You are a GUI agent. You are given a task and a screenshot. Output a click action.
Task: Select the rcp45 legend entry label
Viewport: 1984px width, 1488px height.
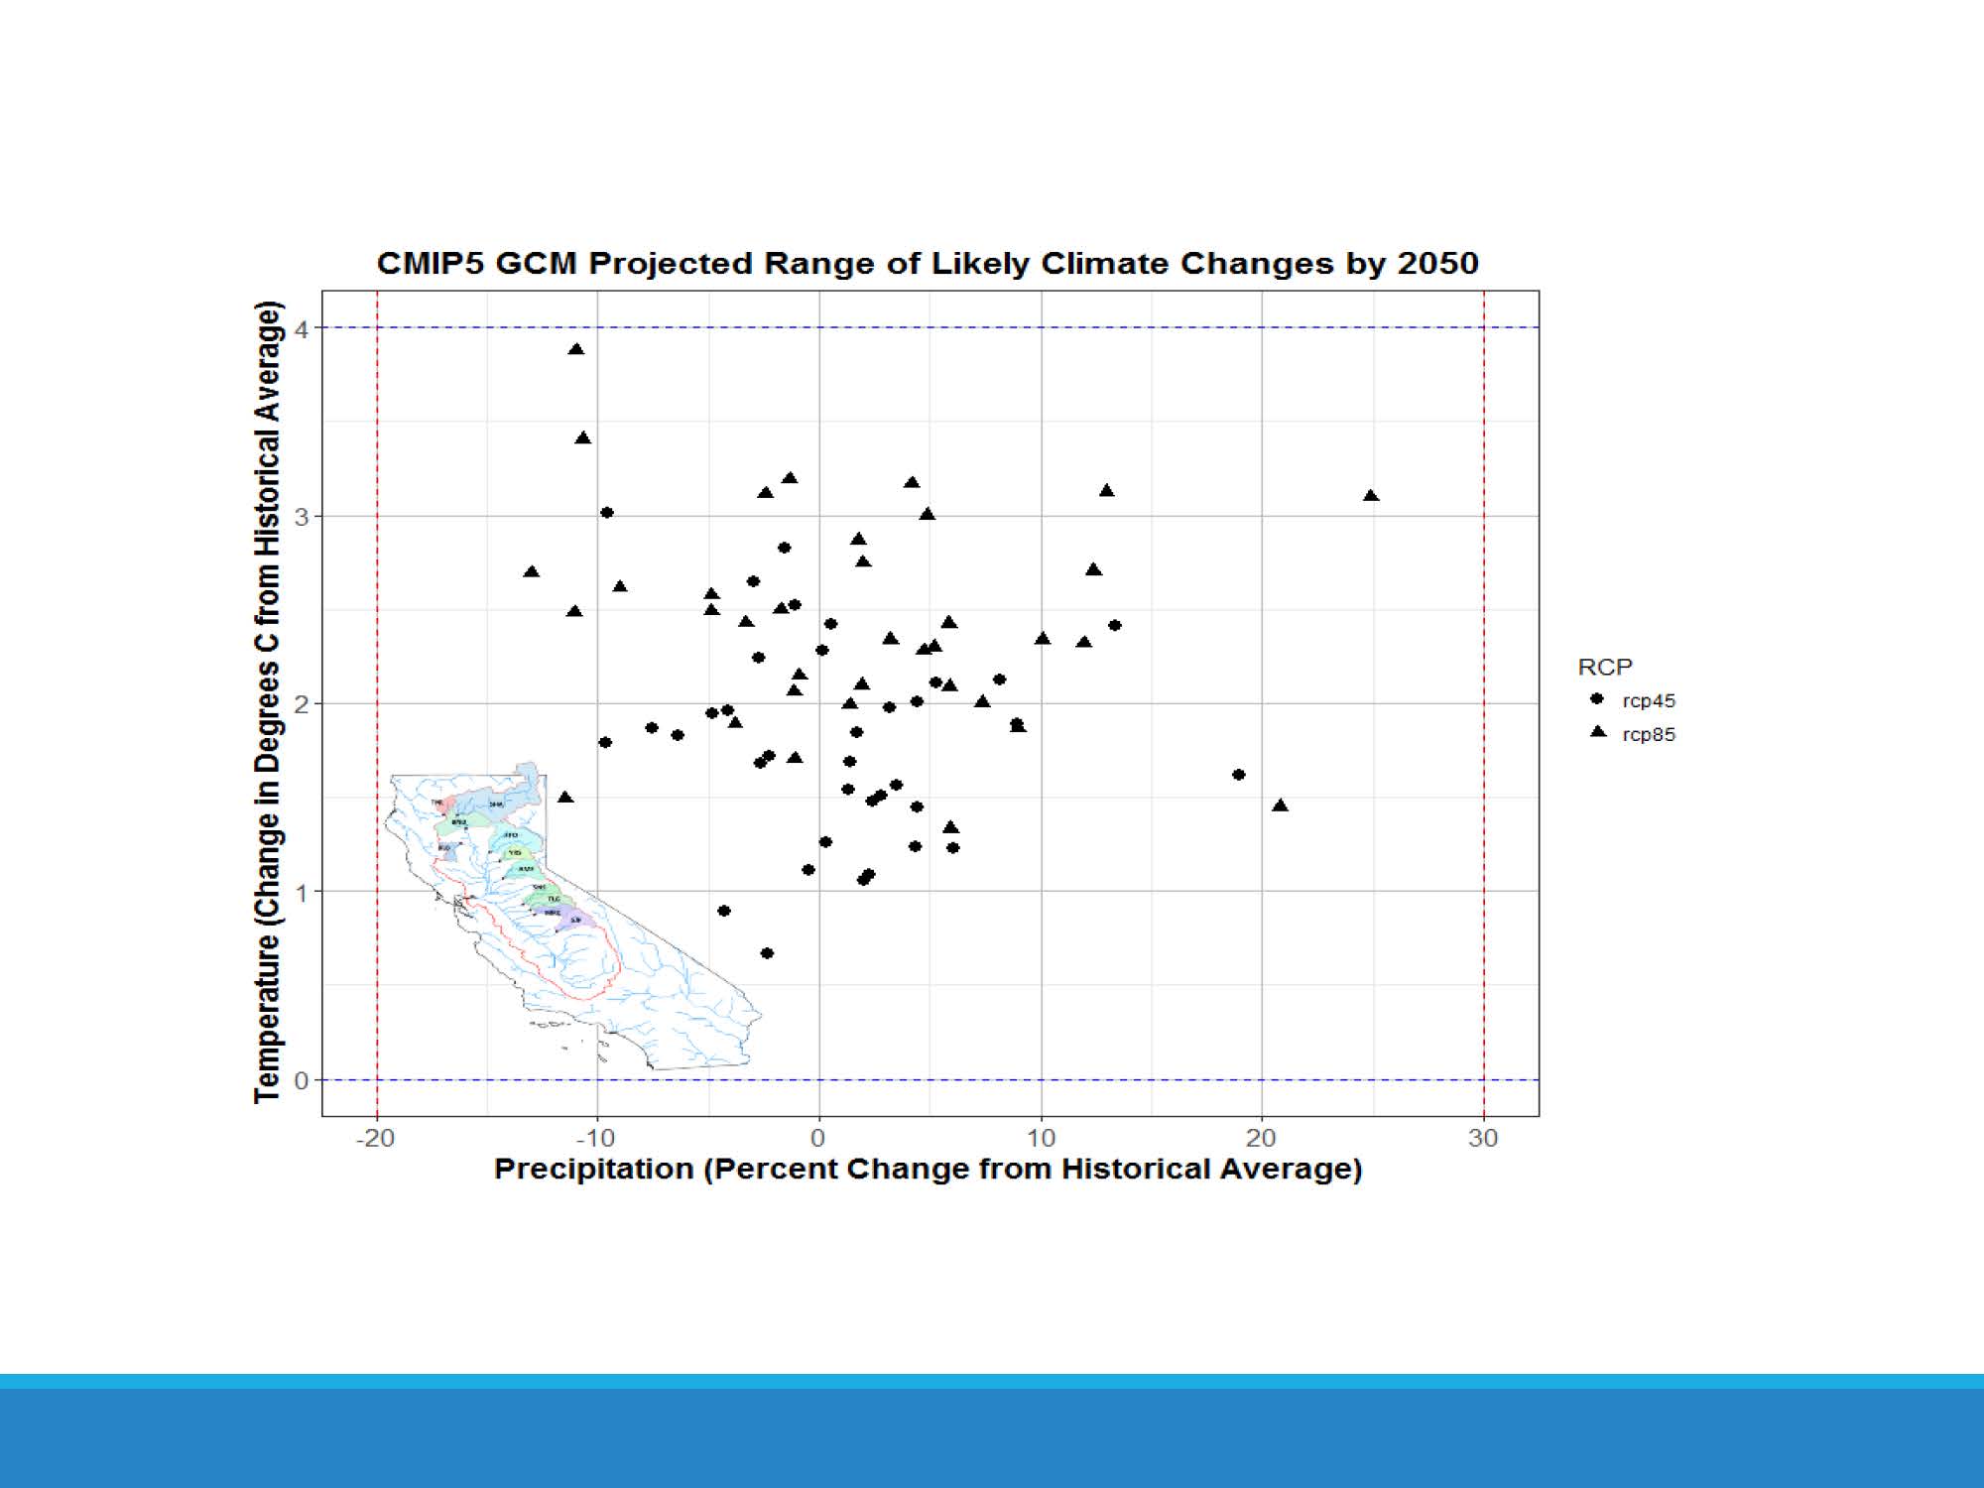[x=1649, y=700]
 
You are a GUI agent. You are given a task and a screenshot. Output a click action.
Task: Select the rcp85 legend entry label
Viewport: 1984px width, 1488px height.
[x=1649, y=734]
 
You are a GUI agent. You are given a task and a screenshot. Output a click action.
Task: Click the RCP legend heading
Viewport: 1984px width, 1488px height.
[x=1604, y=667]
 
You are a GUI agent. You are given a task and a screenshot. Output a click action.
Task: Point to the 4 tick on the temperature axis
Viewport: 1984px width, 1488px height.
[x=302, y=328]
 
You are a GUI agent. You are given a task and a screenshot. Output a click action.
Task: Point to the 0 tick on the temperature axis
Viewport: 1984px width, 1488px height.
[x=302, y=1080]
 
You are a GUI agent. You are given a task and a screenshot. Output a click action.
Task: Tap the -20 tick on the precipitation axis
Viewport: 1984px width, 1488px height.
[x=375, y=1138]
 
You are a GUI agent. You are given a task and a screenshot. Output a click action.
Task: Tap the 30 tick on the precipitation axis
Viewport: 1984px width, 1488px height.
[x=1483, y=1138]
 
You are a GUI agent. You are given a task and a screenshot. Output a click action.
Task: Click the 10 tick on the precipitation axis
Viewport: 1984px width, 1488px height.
[x=1041, y=1138]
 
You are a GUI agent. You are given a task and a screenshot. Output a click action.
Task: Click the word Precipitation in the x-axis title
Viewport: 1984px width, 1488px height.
[x=593, y=1169]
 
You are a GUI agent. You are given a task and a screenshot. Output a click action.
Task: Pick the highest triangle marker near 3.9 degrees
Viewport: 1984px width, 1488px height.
[x=576, y=349]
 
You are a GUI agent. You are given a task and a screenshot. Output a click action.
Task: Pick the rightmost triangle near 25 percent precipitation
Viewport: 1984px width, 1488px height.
[x=1371, y=495]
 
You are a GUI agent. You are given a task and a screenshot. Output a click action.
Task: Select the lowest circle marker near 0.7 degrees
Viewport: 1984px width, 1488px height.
[x=767, y=953]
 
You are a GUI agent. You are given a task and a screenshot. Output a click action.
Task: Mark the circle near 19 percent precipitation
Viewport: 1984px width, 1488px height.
[x=1238, y=775]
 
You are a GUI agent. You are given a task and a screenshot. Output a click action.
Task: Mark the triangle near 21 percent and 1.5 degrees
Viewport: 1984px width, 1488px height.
[x=1280, y=806]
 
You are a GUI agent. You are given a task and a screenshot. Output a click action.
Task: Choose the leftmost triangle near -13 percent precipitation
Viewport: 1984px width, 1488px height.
[x=532, y=571]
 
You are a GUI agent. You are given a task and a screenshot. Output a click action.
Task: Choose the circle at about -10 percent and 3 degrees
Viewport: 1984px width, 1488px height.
[x=607, y=513]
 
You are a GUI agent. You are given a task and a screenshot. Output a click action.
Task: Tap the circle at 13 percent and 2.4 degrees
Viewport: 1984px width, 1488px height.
[x=1115, y=625]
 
